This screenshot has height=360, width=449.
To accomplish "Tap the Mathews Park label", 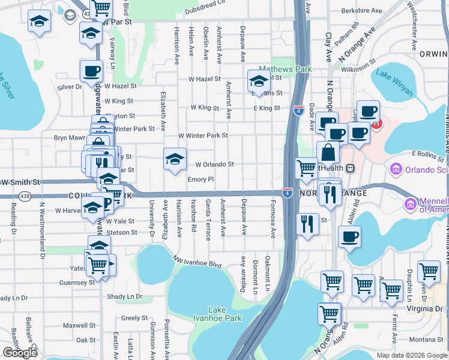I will pyautogui.click(x=285, y=69).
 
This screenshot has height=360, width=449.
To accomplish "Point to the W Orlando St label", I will pyautogui.click(x=214, y=164).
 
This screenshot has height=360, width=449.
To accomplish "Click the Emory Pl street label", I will pyautogui.click(x=200, y=179).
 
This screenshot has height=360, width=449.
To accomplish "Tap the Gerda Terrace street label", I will pyautogui.click(x=208, y=220).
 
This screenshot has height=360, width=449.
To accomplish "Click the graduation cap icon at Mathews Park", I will pyautogui.click(x=259, y=81).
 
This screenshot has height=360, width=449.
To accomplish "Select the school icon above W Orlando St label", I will pyautogui.click(x=175, y=158).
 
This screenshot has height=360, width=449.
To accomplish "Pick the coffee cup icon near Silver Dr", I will pyautogui.click(x=91, y=71).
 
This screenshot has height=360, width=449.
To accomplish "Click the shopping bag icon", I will pyautogui.click(x=328, y=153).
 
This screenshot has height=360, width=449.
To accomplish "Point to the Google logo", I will pyautogui.click(x=20, y=353).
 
